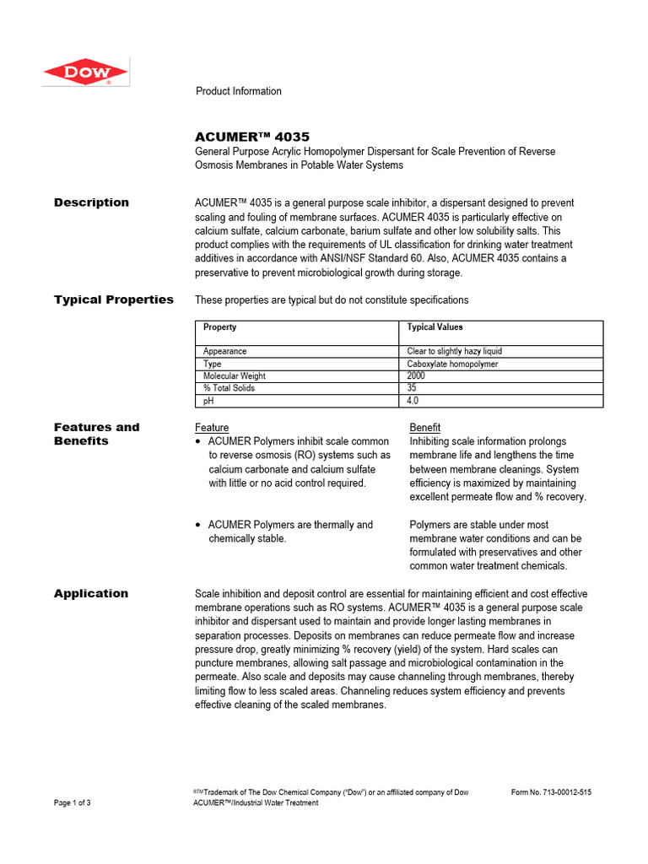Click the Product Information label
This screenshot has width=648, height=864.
(x=238, y=91)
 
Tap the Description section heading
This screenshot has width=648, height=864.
(x=91, y=202)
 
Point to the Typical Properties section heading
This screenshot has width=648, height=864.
(x=113, y=300)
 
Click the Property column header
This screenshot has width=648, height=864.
(x=219, y=327)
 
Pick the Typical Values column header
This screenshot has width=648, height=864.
(x=435, y=327)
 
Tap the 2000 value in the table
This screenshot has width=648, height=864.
(x=417, y=376)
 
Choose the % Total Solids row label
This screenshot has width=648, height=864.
(x=229, y=388)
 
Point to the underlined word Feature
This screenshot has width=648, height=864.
(x=212, y=428)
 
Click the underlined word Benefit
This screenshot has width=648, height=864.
(x=424, y=428)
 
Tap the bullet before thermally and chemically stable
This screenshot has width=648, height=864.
(x=197, y=525)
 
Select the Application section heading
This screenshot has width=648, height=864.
(x=91, y=593)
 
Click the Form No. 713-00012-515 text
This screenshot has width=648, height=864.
(x=551, y=792)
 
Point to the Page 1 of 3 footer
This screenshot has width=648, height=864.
(x=73, y=803)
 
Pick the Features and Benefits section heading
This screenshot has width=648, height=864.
(x=96, y=434)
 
